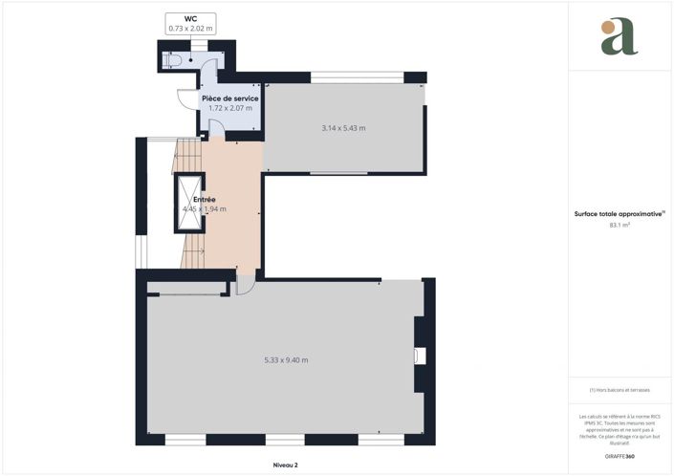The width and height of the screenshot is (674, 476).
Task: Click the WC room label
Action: [191, 18]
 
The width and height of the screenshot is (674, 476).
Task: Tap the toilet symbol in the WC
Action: [172, 60]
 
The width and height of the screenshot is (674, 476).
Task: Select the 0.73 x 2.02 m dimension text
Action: [191, 29]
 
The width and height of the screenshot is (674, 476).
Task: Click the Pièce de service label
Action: [230, 98]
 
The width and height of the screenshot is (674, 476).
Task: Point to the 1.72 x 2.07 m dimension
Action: [230, 108]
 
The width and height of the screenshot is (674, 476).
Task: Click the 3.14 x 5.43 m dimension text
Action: [344, 128]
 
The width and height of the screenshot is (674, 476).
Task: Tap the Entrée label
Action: [204, 199]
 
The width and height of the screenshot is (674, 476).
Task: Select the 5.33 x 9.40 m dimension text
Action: [286, 360]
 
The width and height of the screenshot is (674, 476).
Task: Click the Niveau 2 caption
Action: [286, 465]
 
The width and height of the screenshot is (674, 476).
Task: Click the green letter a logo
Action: [620, 37]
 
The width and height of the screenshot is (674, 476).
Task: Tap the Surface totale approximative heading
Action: [619, 215]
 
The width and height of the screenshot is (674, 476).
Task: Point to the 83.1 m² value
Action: [619, 227]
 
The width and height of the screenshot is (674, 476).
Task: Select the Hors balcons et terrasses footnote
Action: [620, 390]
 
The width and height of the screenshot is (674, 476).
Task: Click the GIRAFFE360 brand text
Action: [620, 457]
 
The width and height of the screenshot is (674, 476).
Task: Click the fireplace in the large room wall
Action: [420, 356]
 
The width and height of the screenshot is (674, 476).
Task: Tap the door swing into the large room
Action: [244, 284]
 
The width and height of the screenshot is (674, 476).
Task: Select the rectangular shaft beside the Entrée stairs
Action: [188, 203]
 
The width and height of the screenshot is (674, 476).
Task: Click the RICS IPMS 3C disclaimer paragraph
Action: [620, 429]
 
